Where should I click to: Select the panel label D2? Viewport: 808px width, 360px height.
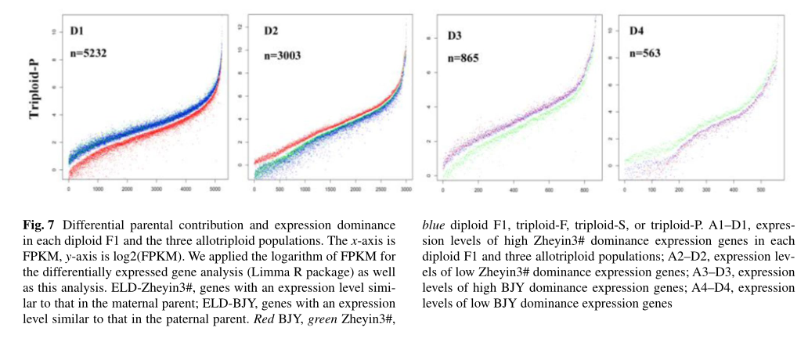[x=271, y=31]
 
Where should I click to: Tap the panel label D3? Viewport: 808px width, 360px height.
[x=455, y=36]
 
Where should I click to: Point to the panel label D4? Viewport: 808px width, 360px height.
[x=637, y=31]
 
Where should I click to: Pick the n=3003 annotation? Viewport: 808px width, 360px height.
[x=283, y=55]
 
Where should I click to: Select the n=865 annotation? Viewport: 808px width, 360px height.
[x=463, y=58]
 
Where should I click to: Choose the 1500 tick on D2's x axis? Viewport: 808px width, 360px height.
[x=330, y=189]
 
